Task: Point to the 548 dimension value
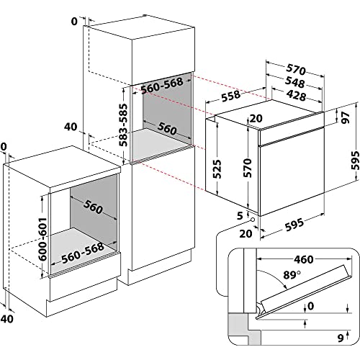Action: pos(289,83)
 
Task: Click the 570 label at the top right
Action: pos(296,70)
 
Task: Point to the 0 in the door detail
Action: pos(311,305)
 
